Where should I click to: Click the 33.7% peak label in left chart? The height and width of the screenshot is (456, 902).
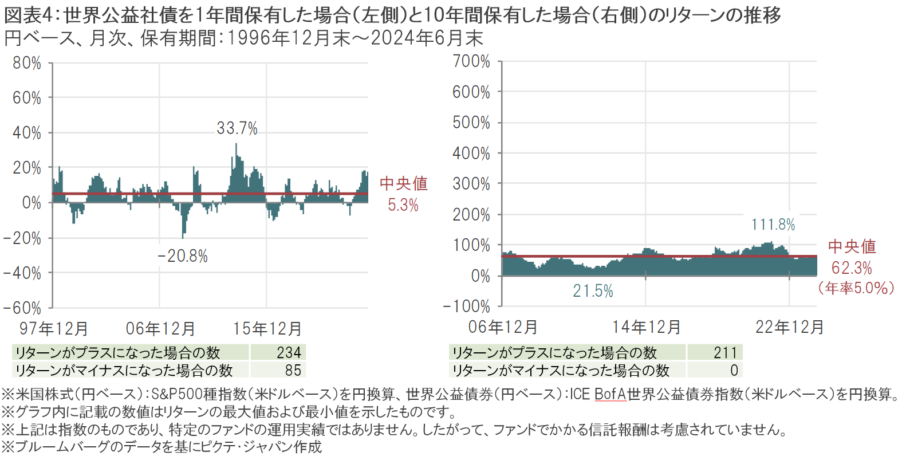click(x=237, y=128)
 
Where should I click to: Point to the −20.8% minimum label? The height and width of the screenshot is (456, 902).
click(x=183, y=256)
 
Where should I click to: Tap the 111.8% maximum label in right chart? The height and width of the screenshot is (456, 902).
click(x=773, y=225)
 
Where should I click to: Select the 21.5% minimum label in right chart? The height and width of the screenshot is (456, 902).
click(x=593, y=292)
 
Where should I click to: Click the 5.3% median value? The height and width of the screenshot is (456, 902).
click(x=403, y=205)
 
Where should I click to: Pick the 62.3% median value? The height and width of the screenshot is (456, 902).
click(x=852, y=268)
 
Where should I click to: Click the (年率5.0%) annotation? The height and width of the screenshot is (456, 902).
click(x=856, y=288)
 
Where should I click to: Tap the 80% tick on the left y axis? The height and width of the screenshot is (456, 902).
click(x=27, y=63)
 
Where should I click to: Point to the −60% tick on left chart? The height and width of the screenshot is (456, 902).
click(x=22, y=308)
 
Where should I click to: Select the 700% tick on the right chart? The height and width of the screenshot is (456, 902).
click(x=471, y=61)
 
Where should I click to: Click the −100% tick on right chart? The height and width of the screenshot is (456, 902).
click(x=467, y=306)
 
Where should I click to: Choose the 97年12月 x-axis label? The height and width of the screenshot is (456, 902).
click(x=54, y=329)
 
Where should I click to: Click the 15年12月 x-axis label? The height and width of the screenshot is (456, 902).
click(x=267, y=329)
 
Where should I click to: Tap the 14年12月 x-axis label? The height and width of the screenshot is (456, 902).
click(x=646, y=327)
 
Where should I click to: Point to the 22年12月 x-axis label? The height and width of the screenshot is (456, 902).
click(x=789, y=327)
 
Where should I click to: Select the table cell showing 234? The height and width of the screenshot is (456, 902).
click(x=289, y=352)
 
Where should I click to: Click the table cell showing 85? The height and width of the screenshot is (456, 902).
click(x=293, y=370)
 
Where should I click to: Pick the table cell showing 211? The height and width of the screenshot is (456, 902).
click(x=726, y=352)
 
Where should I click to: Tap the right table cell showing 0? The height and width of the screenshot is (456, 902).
click(x=734, y=370)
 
